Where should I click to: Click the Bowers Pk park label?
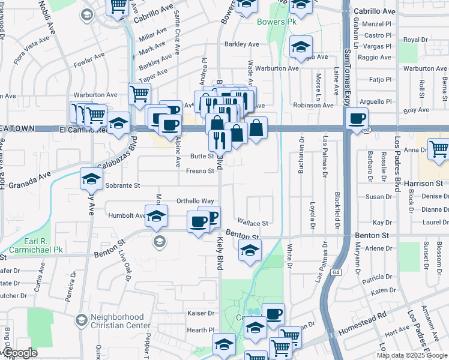(277, 22)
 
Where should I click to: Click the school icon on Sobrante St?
(92, 179)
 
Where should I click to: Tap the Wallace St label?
(252, 223)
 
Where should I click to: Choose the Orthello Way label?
(195, 201)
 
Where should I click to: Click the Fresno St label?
(200, 171)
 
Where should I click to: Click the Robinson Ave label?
(313, 105)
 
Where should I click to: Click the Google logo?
(20, 353)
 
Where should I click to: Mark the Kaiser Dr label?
(201, 313)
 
